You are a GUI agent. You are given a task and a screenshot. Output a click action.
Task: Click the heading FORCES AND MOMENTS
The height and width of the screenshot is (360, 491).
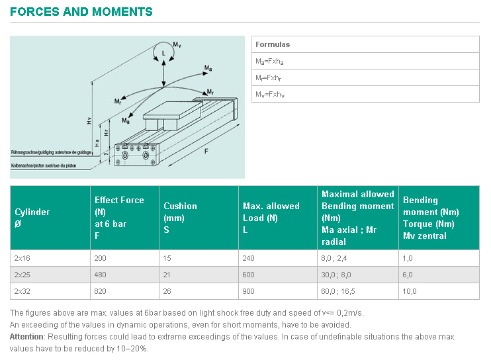(x=81, y=12)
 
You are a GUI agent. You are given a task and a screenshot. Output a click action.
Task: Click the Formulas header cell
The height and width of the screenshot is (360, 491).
(x=273, y=44)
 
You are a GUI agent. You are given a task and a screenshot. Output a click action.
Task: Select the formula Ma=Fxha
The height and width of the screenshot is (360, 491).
(x=269, y=61)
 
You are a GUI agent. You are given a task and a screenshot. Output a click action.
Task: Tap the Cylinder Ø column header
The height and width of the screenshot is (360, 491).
(x=32, y=218)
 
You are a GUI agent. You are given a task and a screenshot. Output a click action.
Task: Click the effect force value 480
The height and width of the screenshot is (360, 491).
(x=101, y=275)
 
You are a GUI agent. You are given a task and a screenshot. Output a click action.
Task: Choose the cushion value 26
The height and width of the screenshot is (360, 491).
(x=168, y=291)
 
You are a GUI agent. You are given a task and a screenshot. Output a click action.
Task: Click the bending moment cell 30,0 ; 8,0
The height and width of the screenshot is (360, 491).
(x=337, y=275)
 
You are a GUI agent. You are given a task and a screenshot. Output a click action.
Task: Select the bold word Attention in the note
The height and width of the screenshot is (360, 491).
(x=26, y=337)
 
